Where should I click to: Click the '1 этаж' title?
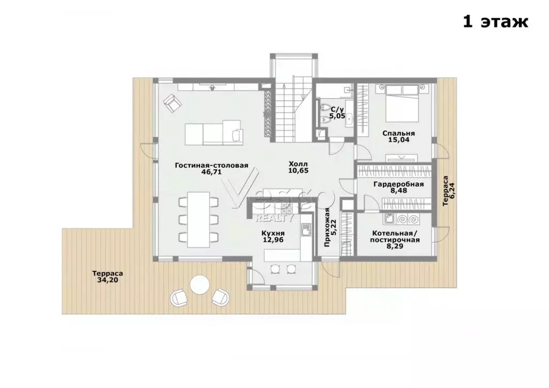coord(495,21)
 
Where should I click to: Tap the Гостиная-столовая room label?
coord(211,166)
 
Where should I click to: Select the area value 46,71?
coord(211,172)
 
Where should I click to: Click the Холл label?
coord(298,164)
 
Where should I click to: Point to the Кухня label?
coord(273,233)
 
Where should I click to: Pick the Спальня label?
coord(398,133)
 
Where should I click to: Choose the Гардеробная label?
coord(398,184)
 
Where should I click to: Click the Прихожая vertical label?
coord(327,227)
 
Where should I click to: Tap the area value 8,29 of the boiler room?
coord(395,247)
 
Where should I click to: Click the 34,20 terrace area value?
coord(107,280)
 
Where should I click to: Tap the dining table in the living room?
coord(198,219)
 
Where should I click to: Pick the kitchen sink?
coord(306,230)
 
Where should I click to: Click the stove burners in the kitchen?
coord(287,208)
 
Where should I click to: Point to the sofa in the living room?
coord(213,132)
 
